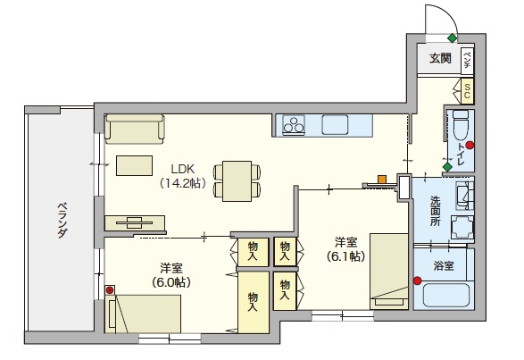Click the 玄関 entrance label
pos(439,59)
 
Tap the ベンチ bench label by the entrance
pos(467,59)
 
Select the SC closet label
pos(467,89)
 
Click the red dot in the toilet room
pos(470,146)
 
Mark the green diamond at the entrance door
pos(453,38)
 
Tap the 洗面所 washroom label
pos(435,210)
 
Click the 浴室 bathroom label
pos(443,265)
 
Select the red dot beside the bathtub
pos(417,281)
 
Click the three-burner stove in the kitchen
pos(294,126)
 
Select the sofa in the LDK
pos(134,130)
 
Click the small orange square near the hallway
pos(382,180)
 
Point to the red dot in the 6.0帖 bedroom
pos(111,290)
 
